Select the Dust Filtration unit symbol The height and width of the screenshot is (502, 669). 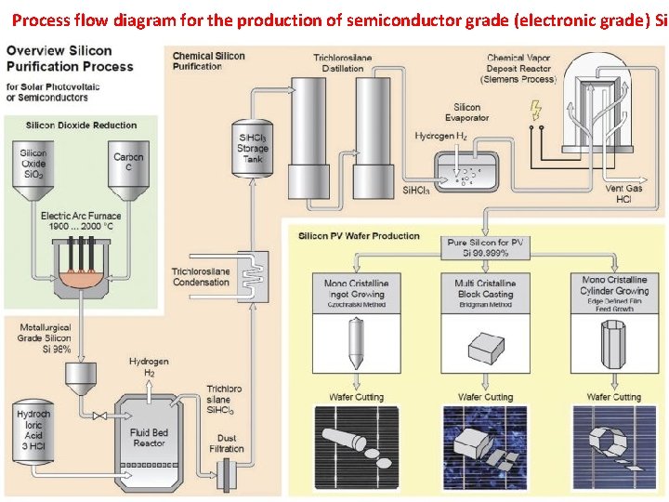tap(226, 477)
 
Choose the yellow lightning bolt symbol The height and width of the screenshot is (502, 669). tap(534, 111)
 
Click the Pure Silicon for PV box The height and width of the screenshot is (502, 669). tap(486, 247)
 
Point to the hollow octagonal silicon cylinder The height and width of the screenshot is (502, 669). tap(613, 344)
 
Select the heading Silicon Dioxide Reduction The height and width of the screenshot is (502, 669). tap(81, 125)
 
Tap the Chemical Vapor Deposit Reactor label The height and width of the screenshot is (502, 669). tap(518, 68)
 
